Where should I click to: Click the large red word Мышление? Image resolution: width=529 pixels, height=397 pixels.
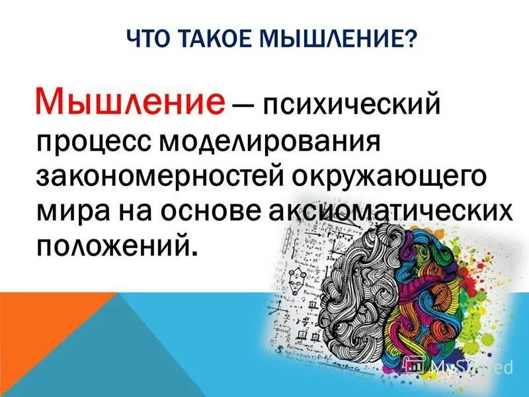130,103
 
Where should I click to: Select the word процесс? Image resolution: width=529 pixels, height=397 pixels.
92,142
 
